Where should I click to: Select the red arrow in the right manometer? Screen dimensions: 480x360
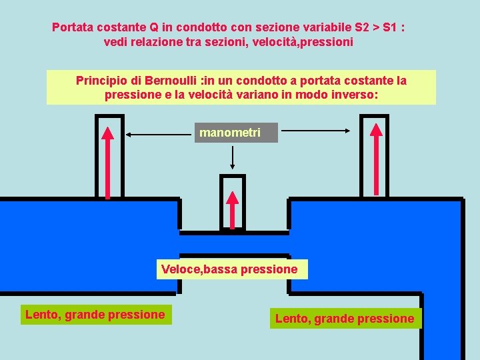[377, 158]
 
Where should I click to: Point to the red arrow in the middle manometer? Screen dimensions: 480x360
[232, 209]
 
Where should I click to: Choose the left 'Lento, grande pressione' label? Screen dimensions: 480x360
[95, 314]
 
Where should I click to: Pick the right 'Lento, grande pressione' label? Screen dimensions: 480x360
[345, 318]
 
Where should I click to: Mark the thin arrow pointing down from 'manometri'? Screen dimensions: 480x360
[232, 157]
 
